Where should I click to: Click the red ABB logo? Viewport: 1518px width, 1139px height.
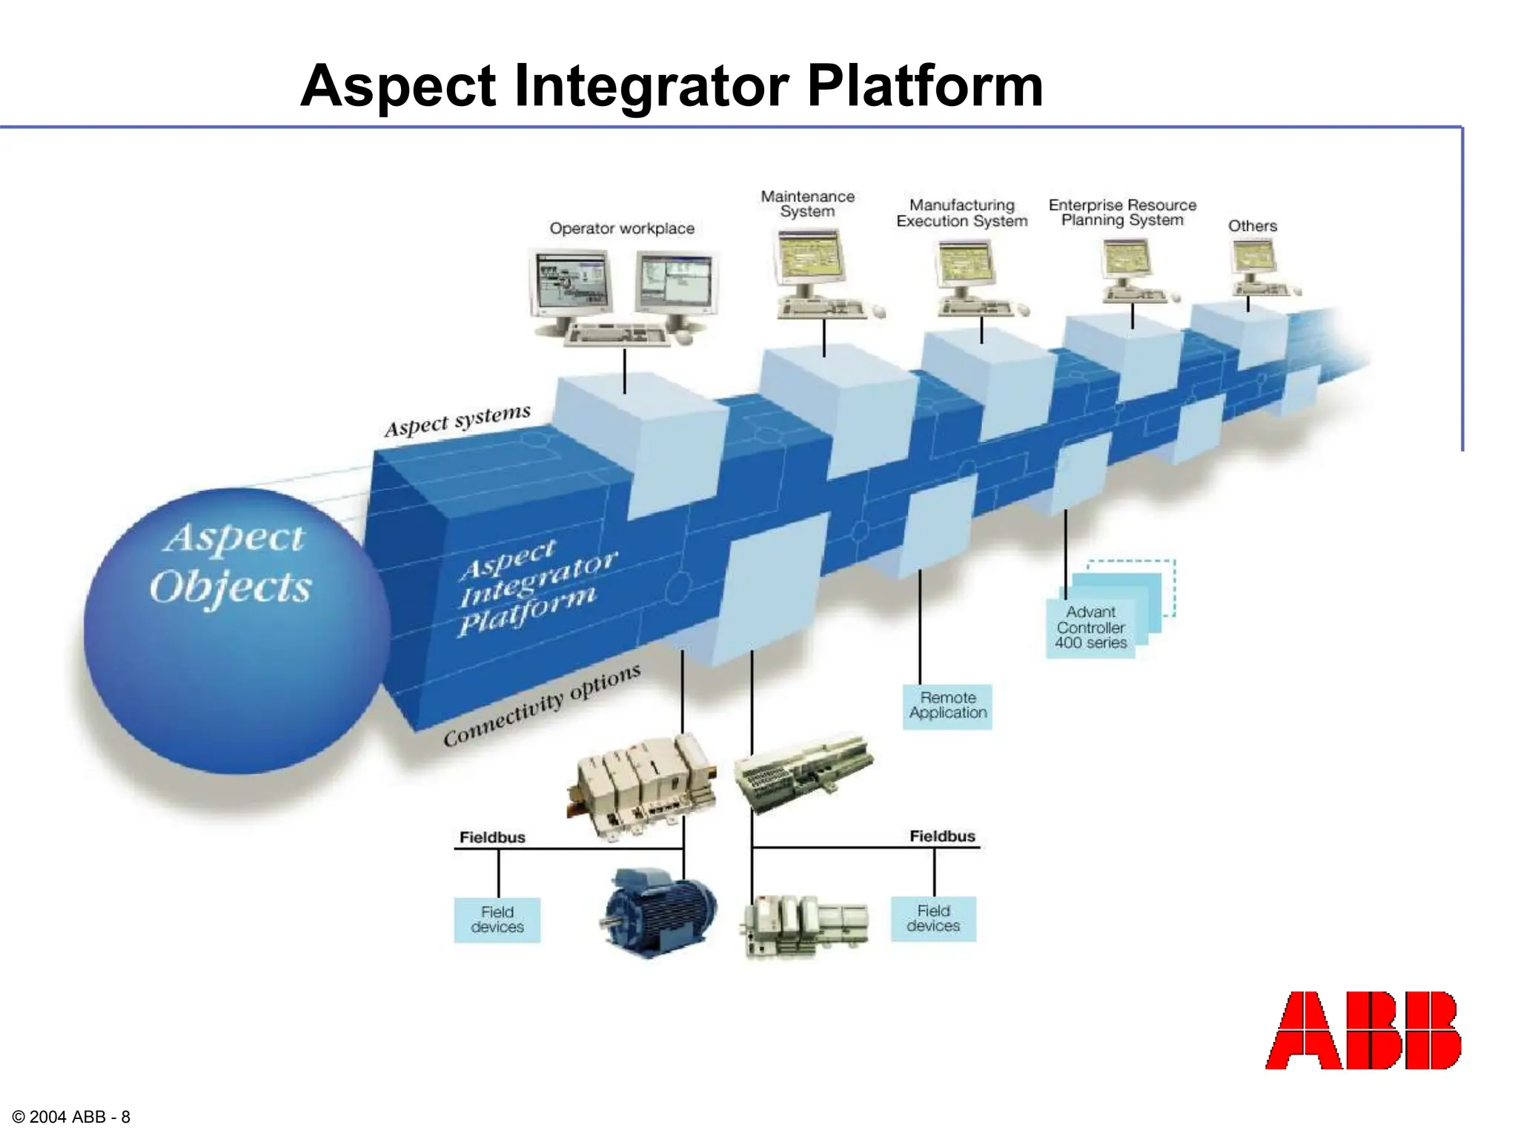(x=1362, y=1030)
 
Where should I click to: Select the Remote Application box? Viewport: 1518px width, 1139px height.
(x=947, y=706)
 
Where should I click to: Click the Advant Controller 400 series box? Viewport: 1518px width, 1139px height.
(x=1090, y=628)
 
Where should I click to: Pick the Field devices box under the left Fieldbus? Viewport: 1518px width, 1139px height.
(x=497, y=920)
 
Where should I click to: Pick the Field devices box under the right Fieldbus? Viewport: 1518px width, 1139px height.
(x=933, y=919)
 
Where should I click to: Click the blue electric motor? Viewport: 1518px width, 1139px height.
(x=657, y=913)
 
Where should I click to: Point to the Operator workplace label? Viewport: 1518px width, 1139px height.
(x=622, y=228)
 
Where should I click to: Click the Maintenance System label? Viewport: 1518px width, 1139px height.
(x=807, y=204)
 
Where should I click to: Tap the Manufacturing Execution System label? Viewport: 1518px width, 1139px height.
(x=961, y=213)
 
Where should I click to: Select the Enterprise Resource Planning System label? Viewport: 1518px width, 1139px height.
(x=1122, y=212)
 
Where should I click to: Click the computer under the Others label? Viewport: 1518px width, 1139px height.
(x=1254, y=267)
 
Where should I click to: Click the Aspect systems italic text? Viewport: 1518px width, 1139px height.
(x=457, y=420)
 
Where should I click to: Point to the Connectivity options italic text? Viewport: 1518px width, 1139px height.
(x=541, y=704)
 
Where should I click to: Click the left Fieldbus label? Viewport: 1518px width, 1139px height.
(x=492, y=837)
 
